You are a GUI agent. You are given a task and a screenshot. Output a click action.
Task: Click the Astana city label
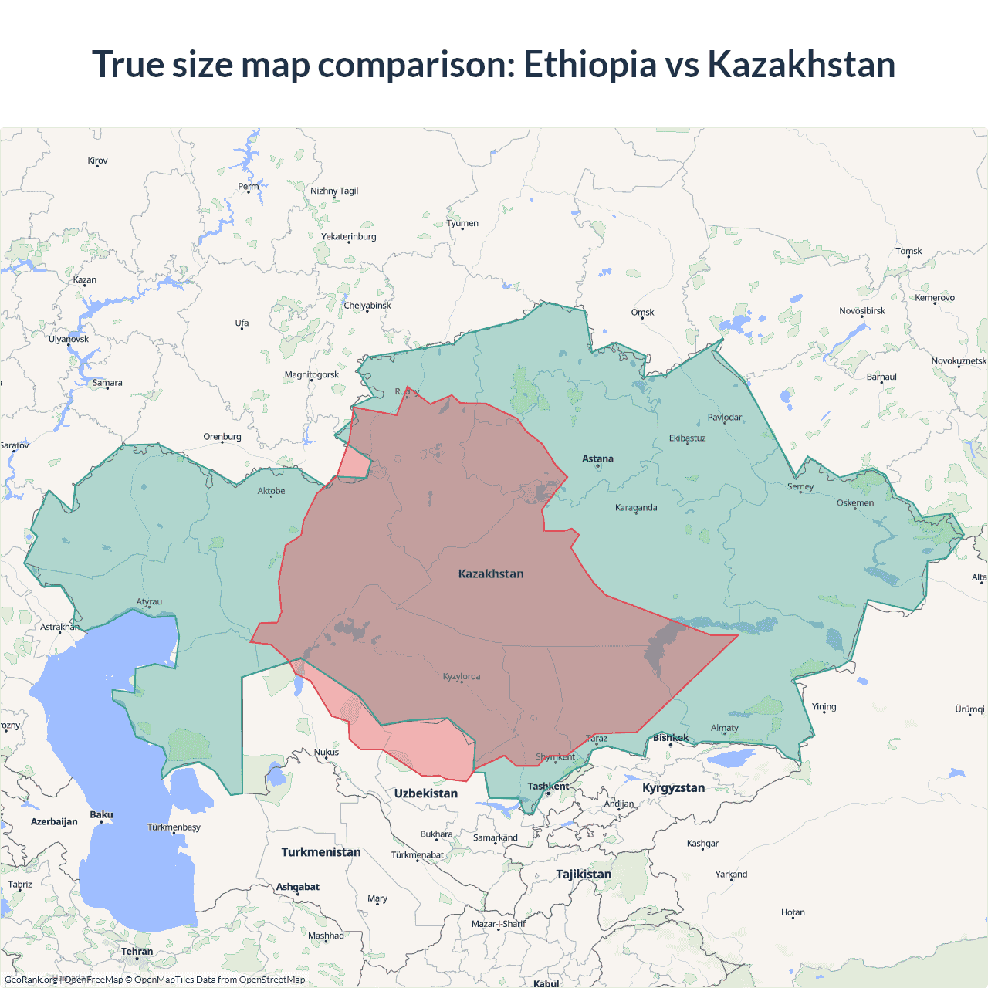point(597,458)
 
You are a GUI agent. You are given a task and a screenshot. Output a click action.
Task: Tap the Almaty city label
point(724,728)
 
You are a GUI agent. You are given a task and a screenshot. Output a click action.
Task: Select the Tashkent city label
point(548,787)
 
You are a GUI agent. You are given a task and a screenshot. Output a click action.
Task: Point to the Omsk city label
point(642,313)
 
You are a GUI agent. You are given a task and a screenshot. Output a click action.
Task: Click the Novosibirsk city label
point(862,311)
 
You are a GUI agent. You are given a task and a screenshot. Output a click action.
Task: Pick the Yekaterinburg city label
point(349,237)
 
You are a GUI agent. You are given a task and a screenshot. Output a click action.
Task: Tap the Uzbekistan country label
point(426,793)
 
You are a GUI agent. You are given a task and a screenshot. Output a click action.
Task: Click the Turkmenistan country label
point(321,852)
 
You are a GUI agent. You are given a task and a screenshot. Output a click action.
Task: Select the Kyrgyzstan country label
point(673,788)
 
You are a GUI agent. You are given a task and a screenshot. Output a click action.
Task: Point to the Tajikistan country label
point(584,875)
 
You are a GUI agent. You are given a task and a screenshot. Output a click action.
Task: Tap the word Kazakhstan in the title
point(801,64)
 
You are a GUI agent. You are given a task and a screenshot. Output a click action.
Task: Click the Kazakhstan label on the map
point(491,574)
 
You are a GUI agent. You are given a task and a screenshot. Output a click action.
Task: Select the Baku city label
point(101,815)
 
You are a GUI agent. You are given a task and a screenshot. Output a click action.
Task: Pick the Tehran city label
point(137,952)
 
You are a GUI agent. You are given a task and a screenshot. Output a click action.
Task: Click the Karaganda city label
point(636,508)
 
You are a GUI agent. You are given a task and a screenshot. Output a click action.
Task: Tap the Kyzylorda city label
point(462,677)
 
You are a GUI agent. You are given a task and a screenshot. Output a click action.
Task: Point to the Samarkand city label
point(496,838)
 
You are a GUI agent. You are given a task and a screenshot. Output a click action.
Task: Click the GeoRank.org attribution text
point(31,980)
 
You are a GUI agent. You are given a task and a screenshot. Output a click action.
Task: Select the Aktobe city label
point(271,491)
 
